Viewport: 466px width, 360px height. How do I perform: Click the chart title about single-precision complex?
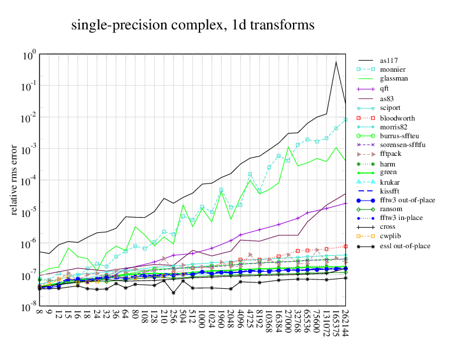(x=192, y=25)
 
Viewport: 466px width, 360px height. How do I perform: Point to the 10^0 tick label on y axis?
(x=30, y=55)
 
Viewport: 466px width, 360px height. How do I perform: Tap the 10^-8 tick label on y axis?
(x=29, y=308)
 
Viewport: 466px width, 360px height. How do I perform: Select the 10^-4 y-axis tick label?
(x=29, y=181)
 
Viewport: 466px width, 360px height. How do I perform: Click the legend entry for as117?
(x=388, y=60)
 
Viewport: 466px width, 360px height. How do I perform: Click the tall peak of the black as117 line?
(x=336, y=62)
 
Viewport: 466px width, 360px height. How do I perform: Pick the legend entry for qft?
(x=384, y=88)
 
